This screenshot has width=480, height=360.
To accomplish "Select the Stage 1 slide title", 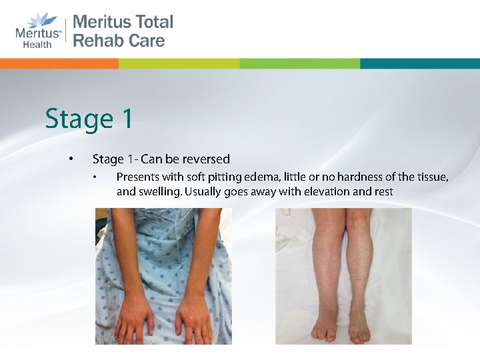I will [x=89, y=119].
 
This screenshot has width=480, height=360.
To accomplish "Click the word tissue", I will [x=431, y=177].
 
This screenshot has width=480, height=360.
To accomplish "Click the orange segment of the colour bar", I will [x=59, y=63].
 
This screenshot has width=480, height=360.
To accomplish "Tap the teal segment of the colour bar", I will [x=419, y=63].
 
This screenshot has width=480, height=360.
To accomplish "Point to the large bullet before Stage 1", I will [x=69, y=159].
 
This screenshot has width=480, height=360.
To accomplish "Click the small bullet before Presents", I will [x=96, y=177].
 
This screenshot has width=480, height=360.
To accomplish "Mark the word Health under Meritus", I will [x=37, y=45].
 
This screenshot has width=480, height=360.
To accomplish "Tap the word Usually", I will [x=205, y=192].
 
